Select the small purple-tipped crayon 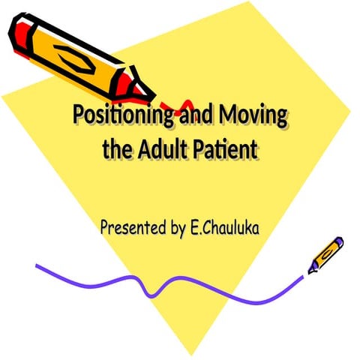[x=324, y=255]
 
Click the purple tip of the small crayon [x=339, y=241]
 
